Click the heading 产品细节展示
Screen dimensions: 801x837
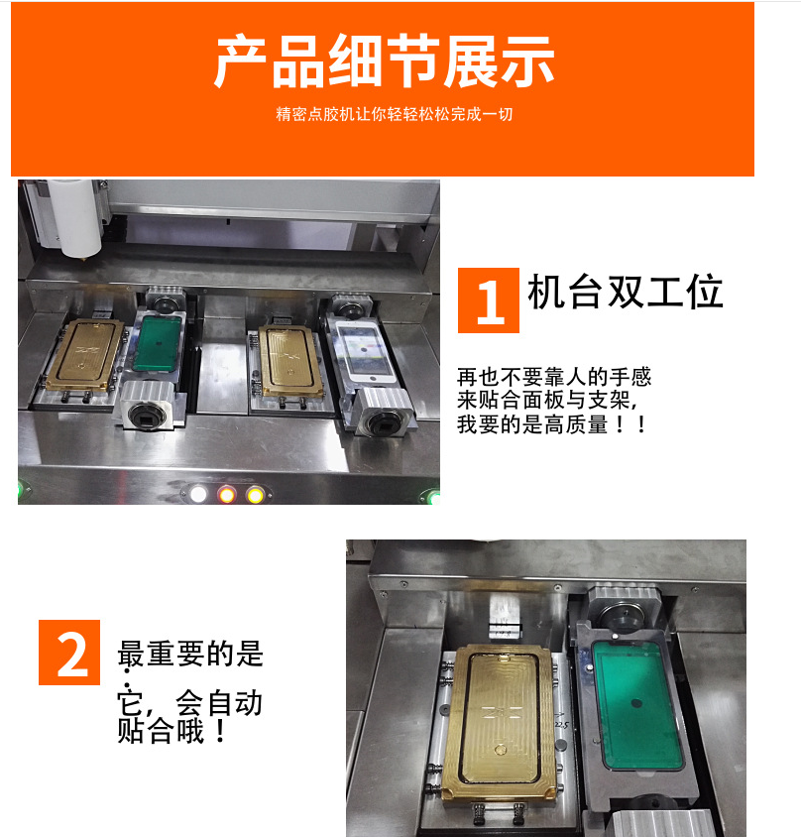pos(385,61)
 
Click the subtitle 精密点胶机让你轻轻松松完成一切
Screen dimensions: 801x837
pos(395,114)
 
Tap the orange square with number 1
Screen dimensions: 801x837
pos(489,300)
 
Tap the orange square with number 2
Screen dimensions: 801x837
pos(69,653)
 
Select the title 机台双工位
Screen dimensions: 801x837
pos(625,292)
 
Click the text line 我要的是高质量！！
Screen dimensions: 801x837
pos(552,424)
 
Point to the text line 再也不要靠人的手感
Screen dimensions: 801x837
pos(554,377)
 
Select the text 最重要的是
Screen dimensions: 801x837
pos(190,654)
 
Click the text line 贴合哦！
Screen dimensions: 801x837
pos(172,731)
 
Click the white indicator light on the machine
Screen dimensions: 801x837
pos(198,494)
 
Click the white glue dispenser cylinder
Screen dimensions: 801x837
pos(76,218)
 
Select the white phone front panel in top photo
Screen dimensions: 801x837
pos(365,351)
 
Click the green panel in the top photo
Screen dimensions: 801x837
pos(158,343)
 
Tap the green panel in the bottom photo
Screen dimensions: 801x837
pos(636,707)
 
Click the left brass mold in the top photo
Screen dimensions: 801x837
pos(85,354)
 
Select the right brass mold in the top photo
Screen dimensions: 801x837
pos(291,361)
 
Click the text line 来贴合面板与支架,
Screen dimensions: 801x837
pos(547,401)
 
